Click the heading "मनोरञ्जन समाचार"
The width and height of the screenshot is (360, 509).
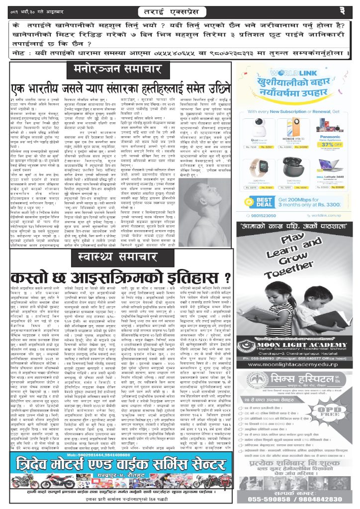coord(117,68)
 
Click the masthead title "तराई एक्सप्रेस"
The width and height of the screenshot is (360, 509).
coord(180,10)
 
